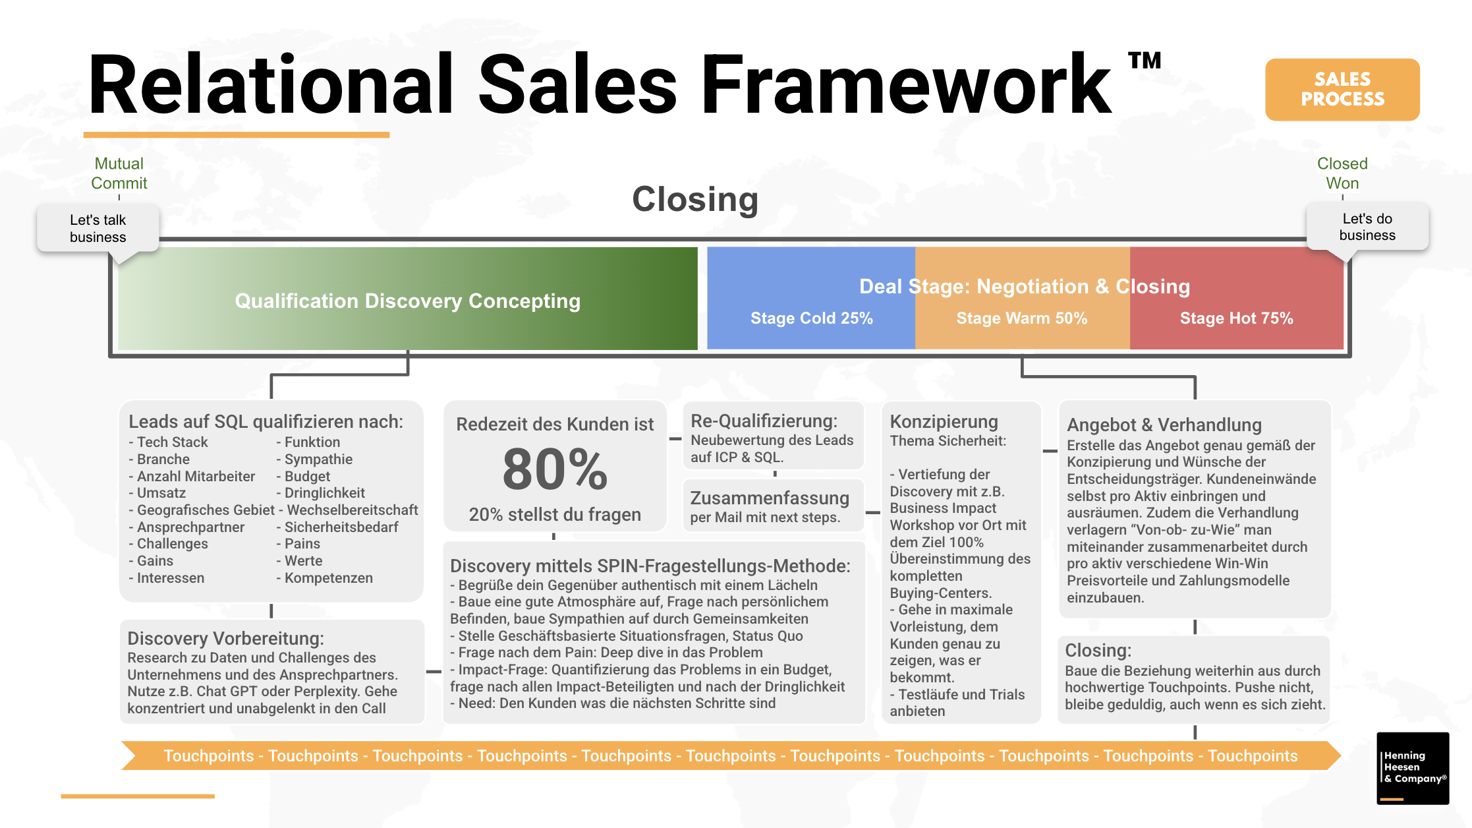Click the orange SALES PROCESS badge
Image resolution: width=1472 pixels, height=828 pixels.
pyautogui.click(x=1342, y=89)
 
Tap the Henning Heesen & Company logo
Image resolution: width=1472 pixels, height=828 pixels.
pyautogui.click(x=1413, y=768)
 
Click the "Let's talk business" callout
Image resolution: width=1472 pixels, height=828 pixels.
pyautogui.click(x=98, y=228)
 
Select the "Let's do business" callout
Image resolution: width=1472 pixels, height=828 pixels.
pyautogui.click(x=1367, y=227)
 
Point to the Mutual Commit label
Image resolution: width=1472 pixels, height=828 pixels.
pyautogui.click(x=119, y=173)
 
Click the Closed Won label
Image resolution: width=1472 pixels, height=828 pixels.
pyautogui.click(x=1342, y=173)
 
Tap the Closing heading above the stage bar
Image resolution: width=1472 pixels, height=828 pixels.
pyautogui.click(x=695, y=200)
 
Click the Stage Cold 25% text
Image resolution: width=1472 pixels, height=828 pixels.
pyautogui.click(x=812, y=318)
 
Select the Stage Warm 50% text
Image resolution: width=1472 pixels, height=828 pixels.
pyautogui.click(x=1022, y=318)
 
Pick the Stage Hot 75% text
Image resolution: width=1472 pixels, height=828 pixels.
pyautogui.click(x=1237, y=318)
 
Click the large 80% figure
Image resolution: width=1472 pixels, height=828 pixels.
pyautogui.click(x=555, y=469)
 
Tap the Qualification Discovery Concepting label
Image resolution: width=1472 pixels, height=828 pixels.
pyautogui.click(x=408, y=301)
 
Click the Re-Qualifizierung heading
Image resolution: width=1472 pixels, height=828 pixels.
pyautogui.click(x=764, y=421)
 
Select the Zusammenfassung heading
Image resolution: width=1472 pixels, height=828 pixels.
pyautogui.click(x=770, y=498)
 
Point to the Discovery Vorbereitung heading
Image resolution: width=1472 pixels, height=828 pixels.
pyautogui.click(x=225, y=638)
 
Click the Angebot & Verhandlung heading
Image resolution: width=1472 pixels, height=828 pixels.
pyautogui.click(x=1164, y=425)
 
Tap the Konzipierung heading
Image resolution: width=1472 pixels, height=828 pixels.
pyautogui.click(x=944, y=422)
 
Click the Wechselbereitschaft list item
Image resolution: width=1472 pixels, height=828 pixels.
pyautogui.click(x=349, y=510)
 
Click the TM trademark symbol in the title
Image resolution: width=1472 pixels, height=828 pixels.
pyautogui.click(x=1145, y=61)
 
